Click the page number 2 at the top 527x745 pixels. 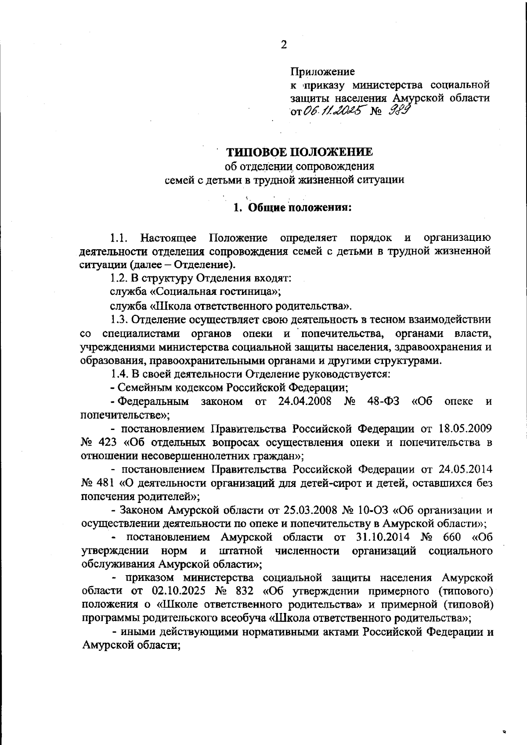(x=284, y=45)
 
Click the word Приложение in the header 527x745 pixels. (x=322, y=71)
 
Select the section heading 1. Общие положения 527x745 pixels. (x=292, y=207)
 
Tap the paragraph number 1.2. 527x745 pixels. (x=117, y=278)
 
